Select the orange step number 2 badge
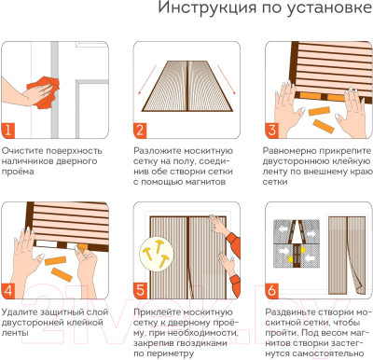139,131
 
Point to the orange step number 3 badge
272,131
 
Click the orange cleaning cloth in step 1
38,71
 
